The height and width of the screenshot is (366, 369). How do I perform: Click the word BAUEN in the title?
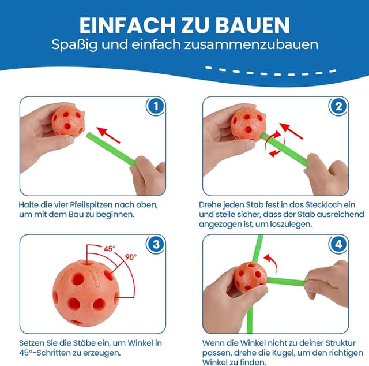(x=253, y=25)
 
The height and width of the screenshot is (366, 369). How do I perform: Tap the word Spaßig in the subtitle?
(x=74, y=45)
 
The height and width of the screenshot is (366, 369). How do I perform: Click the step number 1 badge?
(x=156, y=107)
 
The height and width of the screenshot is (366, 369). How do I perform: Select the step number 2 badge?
(x=338, y=107)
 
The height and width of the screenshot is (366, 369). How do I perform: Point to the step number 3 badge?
(x=156, y=244)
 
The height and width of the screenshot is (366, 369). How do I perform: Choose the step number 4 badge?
(x=338, y=244)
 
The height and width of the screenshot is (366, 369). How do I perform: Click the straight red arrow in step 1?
(x=108, y=135)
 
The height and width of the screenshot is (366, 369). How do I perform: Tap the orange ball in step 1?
(x=68, y=121)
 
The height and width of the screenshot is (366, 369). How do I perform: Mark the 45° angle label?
(x=110, y=249)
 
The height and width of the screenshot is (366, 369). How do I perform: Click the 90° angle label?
(x=131, y=257)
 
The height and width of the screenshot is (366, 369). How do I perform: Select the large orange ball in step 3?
(x=86, y=293)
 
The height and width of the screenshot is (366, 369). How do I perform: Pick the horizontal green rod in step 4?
(x=286, y=281)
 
